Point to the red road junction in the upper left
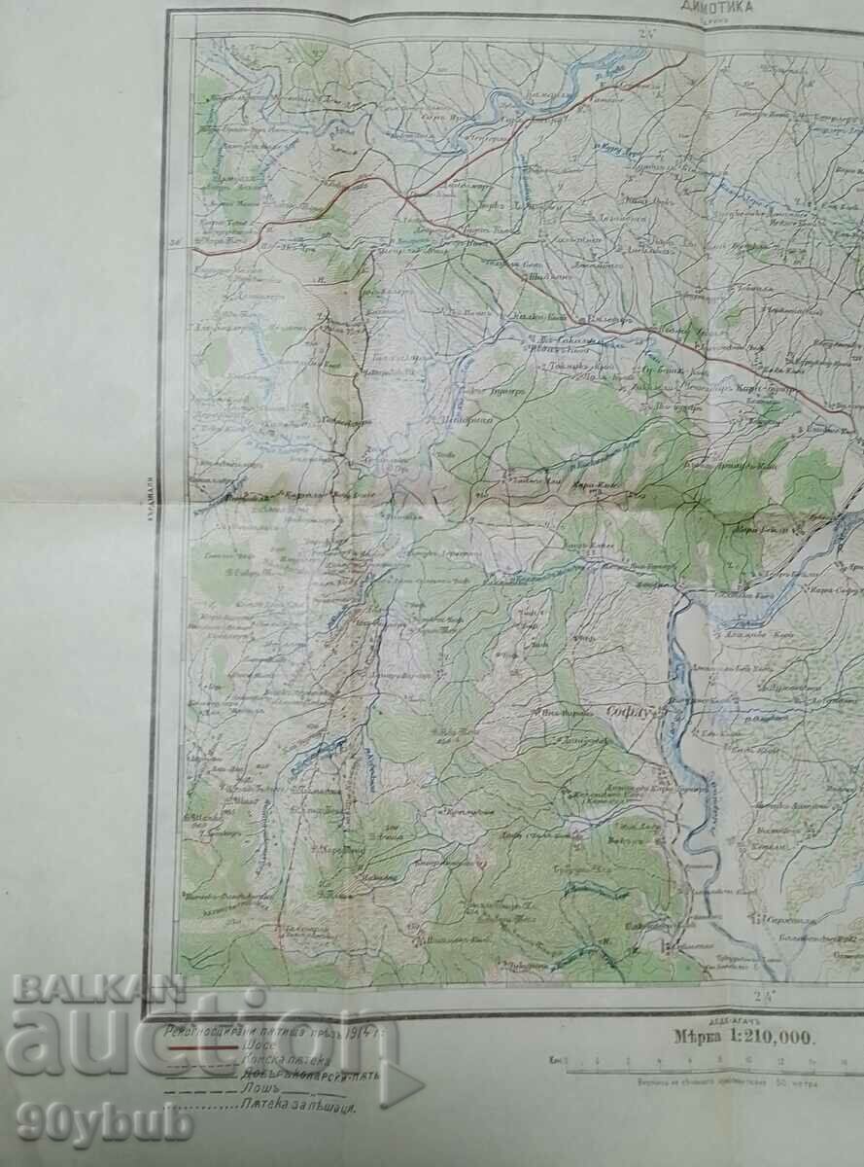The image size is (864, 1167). click(x=402, y=198)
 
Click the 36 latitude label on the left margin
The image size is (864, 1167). click(x=174, y=243)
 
